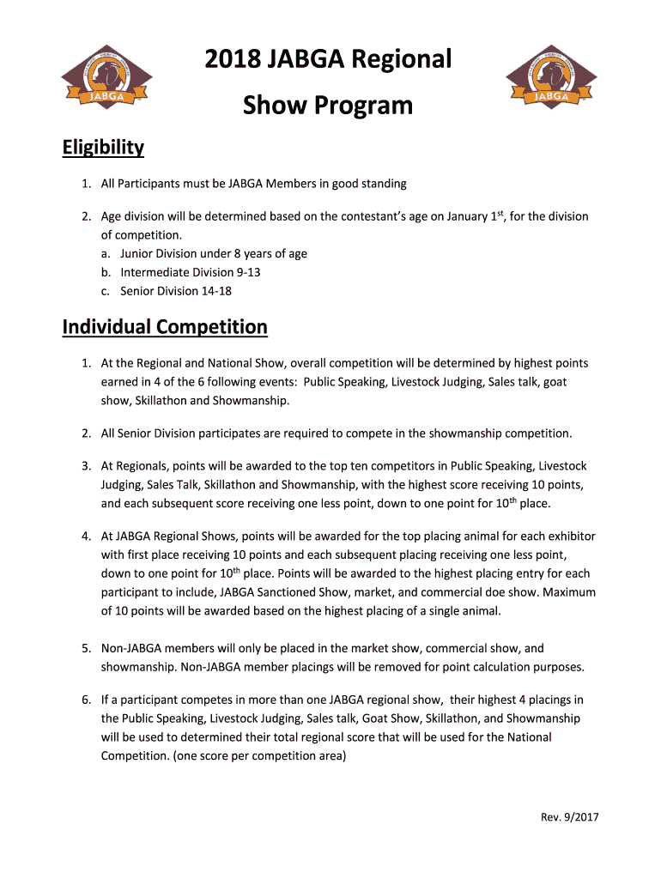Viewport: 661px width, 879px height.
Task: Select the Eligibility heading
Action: click(103, 148)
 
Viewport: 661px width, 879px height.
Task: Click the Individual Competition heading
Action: click(165, 327)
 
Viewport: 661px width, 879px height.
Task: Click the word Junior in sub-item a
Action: click(139, 253)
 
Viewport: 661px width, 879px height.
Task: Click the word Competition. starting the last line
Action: click(135, 756)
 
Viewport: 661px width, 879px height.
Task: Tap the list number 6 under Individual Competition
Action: click(87, 700)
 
